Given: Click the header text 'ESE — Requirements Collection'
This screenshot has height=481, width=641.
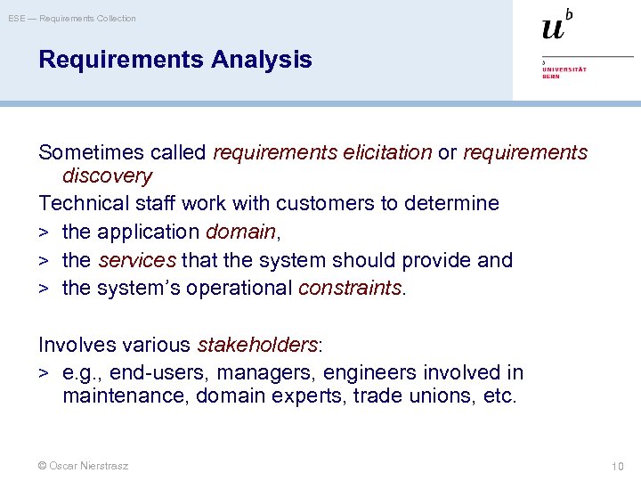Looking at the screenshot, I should [x=72, y=18].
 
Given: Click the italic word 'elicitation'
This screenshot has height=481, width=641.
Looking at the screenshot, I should [x=386, y=153].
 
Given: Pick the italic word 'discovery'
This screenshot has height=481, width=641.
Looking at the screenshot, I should [x=107, y=176].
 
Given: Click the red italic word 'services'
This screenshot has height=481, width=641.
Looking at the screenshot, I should [x=137, y=260].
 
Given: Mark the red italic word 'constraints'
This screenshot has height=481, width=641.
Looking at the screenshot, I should [x=350, y=289].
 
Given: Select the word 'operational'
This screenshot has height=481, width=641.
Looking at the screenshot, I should [x=239, y=289].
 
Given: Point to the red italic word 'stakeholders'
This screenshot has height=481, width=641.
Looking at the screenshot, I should [x=256, y=345].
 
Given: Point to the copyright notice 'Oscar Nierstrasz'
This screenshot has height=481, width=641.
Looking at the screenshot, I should [x=83, y=466].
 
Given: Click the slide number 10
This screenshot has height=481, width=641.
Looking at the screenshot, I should [x=618, y=466].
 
